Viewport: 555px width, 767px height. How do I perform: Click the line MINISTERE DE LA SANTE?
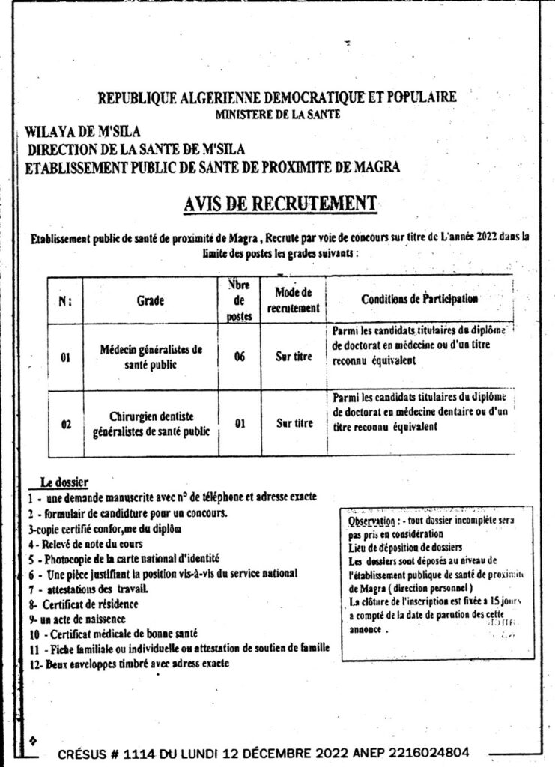[277, 115]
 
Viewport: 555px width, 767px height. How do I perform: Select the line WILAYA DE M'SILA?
[78, 133]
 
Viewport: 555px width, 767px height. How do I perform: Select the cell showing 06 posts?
[240, 357]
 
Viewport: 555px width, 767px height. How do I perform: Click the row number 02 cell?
[67, 425]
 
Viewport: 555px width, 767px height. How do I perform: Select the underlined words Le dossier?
[64, 482]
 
